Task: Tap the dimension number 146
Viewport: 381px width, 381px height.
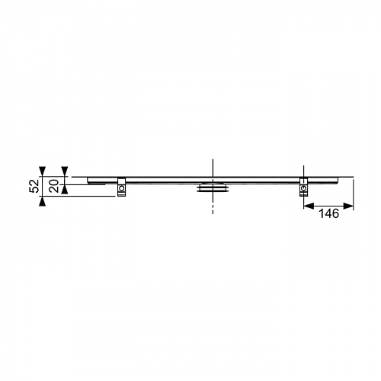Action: coord(328,213)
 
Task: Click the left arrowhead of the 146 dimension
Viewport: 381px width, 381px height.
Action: coord(309,206)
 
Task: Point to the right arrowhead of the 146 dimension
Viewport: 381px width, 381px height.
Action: coord(348,206)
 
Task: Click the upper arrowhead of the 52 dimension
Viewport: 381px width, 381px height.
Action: coord(42,171)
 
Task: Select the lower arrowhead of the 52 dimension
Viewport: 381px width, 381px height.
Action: coord(42,201)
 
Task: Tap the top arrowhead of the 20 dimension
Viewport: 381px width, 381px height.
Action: coord(65,171)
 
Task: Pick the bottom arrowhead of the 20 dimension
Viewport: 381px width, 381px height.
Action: coord(65,190)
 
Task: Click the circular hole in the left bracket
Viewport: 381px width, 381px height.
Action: coord(122,188)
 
